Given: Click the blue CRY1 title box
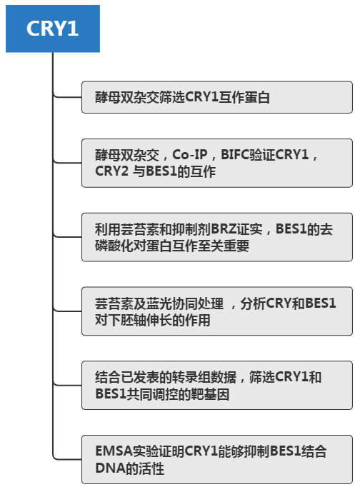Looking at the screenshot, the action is (53, 29).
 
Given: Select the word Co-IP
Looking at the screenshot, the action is (190, 155).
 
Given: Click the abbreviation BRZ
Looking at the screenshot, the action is (224, 229).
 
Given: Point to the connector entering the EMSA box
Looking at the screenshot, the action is (67, 459).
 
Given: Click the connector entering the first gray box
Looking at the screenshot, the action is (67, 97).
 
